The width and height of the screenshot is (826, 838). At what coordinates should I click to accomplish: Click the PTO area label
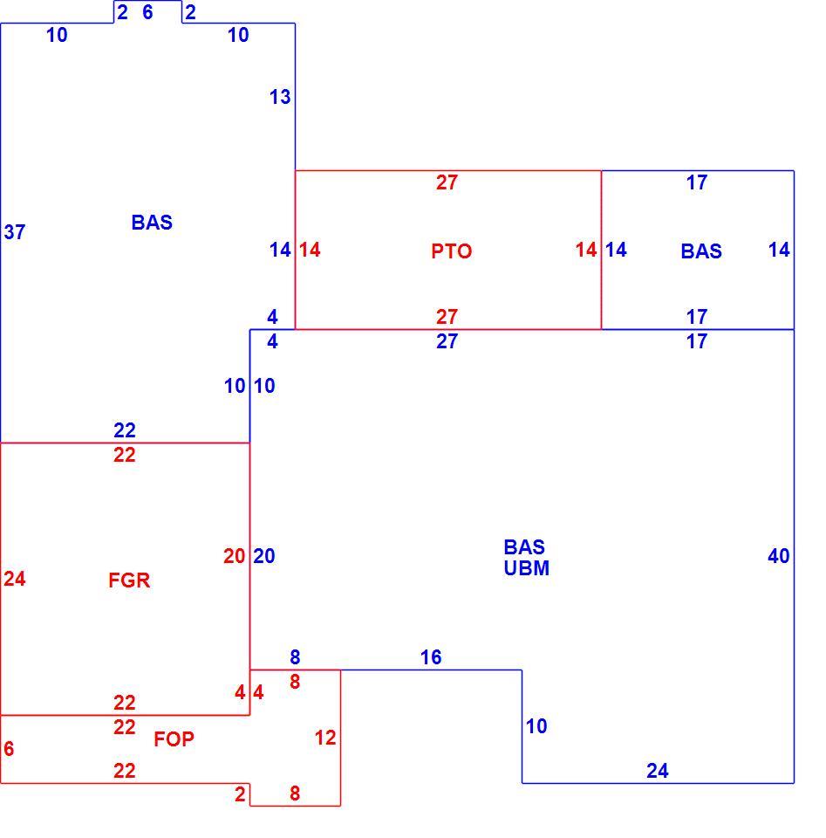[451, 251]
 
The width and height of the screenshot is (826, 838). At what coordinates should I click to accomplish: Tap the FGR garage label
[129, 580]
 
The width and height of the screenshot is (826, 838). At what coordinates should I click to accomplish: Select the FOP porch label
[174, 739]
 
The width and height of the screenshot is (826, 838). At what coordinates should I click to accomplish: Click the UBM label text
[527, 568]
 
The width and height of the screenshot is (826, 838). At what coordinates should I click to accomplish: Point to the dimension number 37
[15, 232]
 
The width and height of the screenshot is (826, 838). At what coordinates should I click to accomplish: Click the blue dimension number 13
[280, 97]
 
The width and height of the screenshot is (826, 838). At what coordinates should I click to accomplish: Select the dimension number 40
[779, 556]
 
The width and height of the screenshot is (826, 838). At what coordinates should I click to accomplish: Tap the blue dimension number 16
[431, 657]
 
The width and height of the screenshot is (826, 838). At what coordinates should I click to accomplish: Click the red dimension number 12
[325, 738]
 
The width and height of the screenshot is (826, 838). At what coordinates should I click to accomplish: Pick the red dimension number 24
[15, 579]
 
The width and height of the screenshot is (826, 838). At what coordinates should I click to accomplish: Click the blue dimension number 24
[658, 771]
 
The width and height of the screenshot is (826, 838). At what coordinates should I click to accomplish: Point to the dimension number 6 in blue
[148, 11]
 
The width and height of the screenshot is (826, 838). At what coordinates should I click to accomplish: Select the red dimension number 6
[9, 749]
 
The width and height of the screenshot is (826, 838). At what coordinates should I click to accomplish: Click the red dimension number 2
[240, 794]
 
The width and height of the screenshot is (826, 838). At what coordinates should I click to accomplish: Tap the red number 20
[234, 556]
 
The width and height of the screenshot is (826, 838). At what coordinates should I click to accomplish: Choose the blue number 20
[263, 556]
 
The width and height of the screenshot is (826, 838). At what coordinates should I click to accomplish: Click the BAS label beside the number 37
[152, 223]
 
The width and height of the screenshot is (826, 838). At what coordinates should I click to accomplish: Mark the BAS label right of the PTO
[701, 251]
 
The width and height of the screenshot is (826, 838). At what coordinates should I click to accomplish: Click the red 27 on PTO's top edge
[447, 182]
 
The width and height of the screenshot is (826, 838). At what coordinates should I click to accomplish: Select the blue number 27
[447, 341]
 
